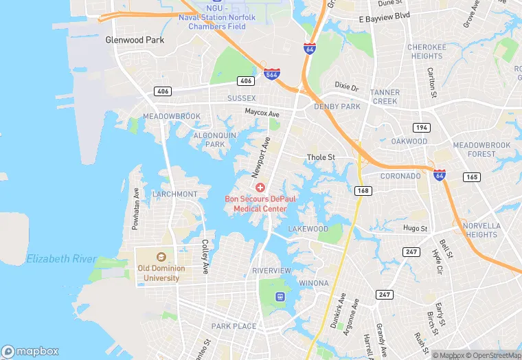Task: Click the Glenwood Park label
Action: [x=135, y=40]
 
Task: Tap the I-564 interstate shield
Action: [x=272, y=73]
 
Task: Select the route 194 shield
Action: [x=421, y=128]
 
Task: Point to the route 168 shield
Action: [x=364, y=190]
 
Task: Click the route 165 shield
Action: [x=471, y=177]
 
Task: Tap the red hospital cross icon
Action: [x=260, y=188]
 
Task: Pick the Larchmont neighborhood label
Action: [x=174, y=194]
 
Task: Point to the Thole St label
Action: [x=321, y=157]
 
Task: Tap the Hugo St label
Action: [x=415, y=228]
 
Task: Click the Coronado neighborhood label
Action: [x=400, y=176]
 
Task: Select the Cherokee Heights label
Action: [x=426, y=52]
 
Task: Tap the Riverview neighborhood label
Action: [x=272, y=271]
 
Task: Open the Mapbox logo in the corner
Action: [x=30, y=351]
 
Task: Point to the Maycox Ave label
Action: [x=262, y=113]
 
